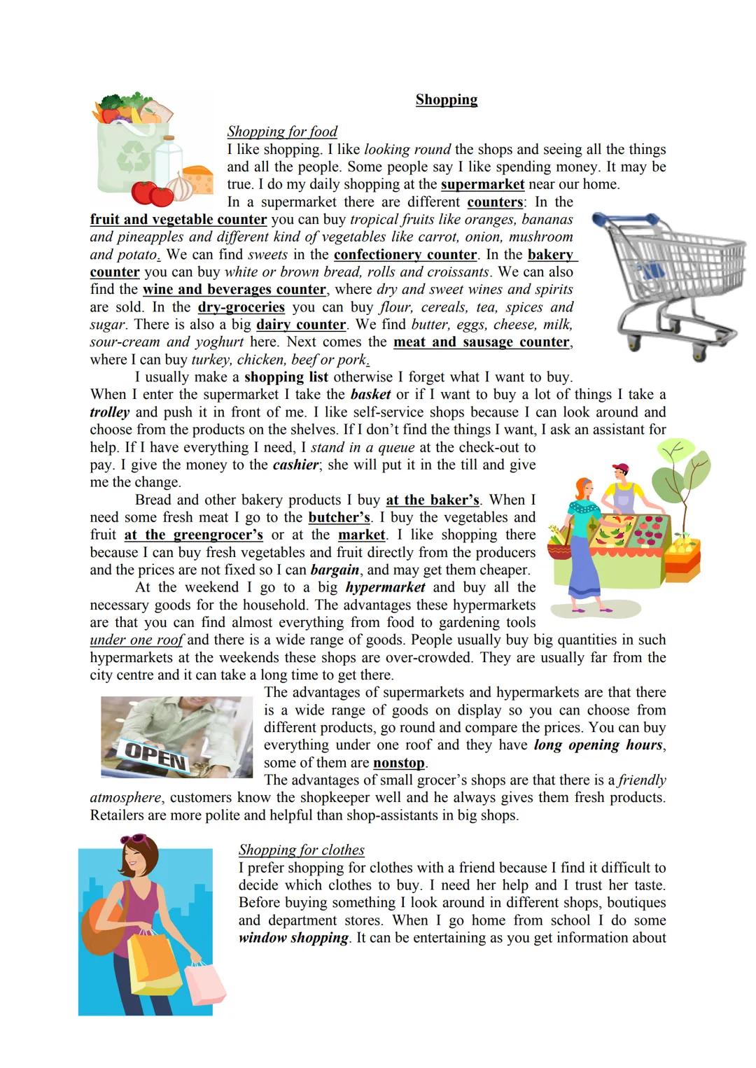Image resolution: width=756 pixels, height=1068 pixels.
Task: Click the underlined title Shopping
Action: click(446, 99)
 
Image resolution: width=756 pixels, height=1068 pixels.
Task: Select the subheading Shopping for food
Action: click(281, 131)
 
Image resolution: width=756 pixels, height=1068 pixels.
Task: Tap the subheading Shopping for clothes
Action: click(301, 850)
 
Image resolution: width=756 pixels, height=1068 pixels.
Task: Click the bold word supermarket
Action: click(482, 184)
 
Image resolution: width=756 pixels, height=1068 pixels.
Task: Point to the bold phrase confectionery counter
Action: click(405, 255)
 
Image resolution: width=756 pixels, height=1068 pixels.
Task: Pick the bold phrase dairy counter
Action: click(301, 325)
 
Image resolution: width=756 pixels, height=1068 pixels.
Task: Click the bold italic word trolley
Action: click(109, 412)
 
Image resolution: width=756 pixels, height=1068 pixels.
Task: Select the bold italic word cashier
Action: click(295, 465)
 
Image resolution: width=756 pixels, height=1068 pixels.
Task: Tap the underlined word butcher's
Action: click(339, 517)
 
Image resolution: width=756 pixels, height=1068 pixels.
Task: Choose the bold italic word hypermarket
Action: click(385, 587)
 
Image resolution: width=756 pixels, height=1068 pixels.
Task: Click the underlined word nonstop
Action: click(399, 763)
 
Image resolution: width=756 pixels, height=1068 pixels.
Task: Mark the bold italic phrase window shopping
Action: click(293, 938)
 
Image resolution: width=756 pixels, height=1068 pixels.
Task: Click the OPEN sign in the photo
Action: click(155, 755)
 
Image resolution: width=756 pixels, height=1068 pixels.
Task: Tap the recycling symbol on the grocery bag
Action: click(133, 158)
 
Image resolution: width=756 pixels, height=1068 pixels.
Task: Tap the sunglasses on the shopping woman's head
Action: click(134, 839)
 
